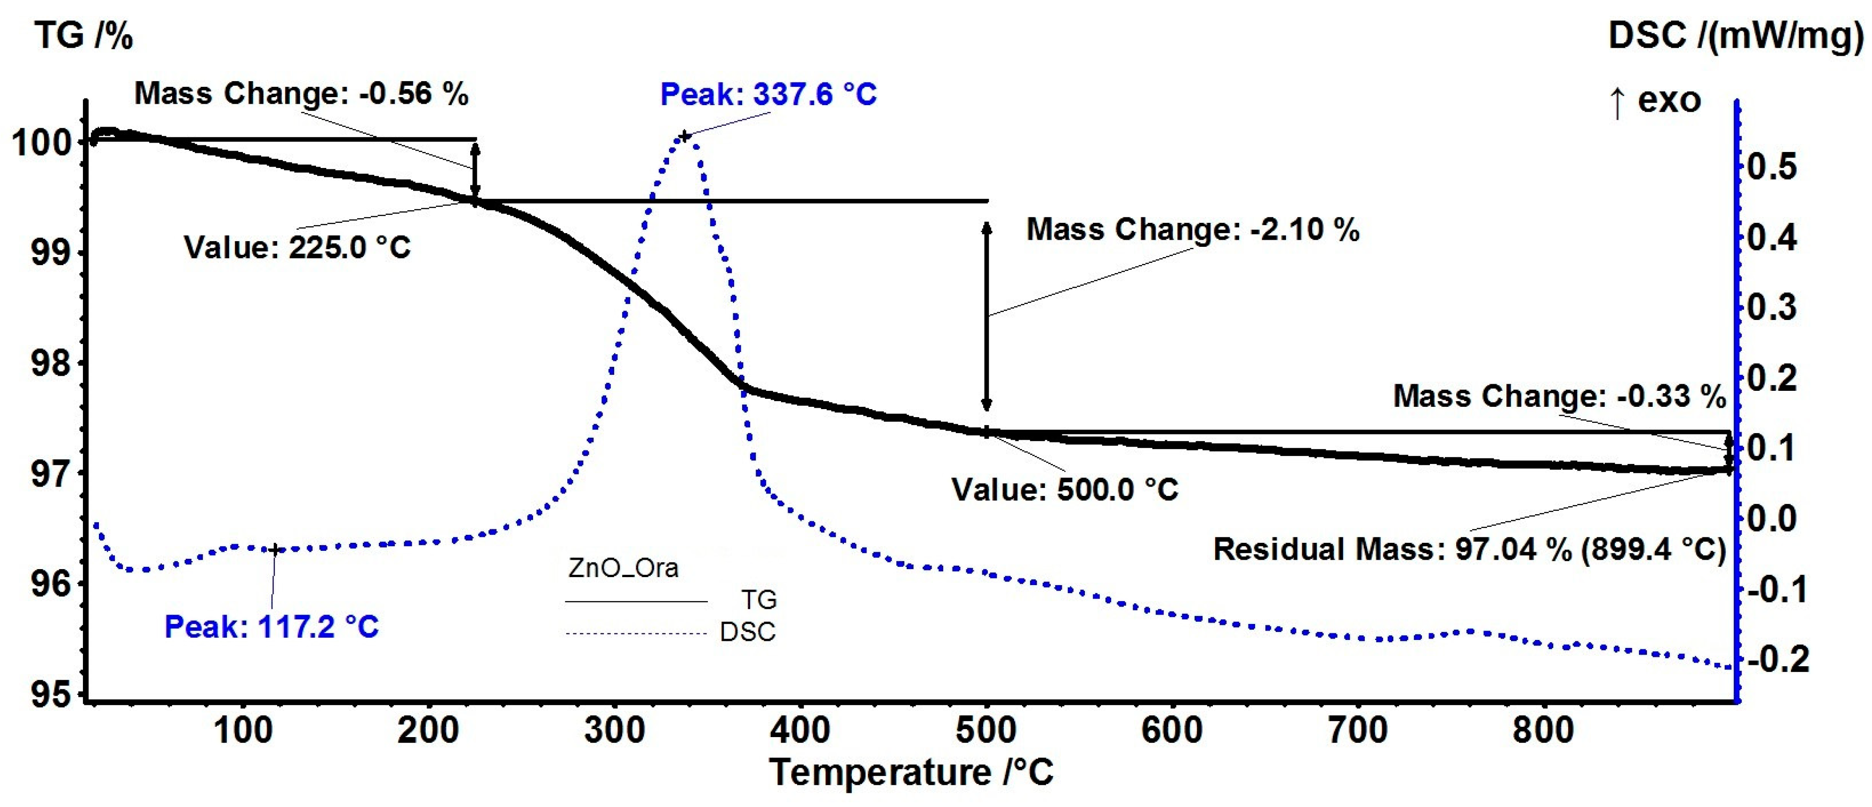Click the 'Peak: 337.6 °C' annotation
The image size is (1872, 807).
pos(768,94)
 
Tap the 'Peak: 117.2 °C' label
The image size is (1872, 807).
pos(272,627)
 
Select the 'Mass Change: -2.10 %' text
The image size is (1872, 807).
pos(1193,230)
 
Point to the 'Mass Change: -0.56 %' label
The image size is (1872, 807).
pos(301,94)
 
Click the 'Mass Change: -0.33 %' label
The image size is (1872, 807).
pos(1559,396)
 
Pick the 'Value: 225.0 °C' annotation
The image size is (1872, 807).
pos(297,247)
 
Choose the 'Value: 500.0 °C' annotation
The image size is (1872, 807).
pos(1065,489)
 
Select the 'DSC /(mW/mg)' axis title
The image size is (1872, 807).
pos(1736,35)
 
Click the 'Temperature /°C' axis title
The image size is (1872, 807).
pos(911,772)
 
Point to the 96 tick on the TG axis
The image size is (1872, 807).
pos(51,584)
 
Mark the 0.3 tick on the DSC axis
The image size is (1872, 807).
pos(1771,307)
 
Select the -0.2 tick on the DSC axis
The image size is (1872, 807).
pos(1777,659)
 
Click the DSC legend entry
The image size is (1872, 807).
pos(747,632)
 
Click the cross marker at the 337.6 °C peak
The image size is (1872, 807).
pos(684,136)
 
